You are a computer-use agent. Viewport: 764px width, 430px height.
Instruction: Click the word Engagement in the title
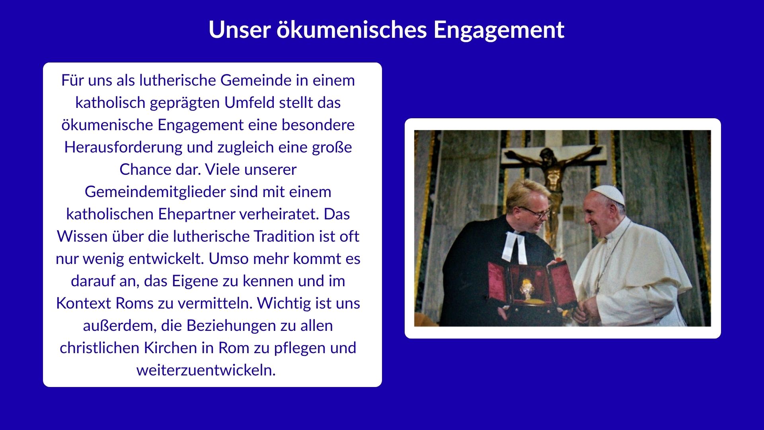tap(499, 30)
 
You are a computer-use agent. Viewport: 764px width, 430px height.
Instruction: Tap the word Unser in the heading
tap(240, 29)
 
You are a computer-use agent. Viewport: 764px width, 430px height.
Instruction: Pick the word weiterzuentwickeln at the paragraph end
tap(206, 370)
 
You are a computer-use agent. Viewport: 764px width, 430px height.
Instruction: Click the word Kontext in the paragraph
tap(84, 303)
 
